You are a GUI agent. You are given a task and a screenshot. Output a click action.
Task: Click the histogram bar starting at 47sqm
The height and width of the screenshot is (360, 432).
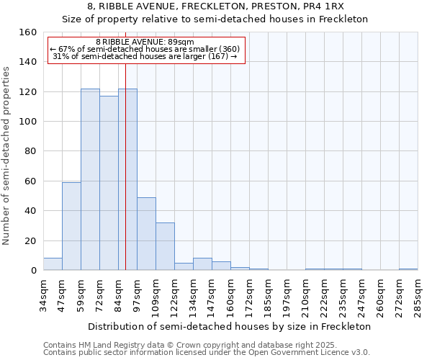click(71, 226)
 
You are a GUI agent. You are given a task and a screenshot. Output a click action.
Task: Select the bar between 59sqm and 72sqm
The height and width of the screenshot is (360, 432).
click(90, 179)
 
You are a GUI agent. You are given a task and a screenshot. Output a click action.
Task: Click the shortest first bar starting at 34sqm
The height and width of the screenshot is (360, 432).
click(53, 264)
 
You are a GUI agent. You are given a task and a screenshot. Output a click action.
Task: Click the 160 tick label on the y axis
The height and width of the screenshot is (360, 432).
click(29, 32)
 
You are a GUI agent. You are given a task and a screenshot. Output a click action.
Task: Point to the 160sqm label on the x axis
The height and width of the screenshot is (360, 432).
click(230, 296)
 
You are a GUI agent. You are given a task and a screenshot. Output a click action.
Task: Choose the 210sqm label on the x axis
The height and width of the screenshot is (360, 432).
click(305, 296)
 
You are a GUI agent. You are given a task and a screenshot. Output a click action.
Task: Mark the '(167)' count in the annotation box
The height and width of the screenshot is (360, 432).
click(217, 56)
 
